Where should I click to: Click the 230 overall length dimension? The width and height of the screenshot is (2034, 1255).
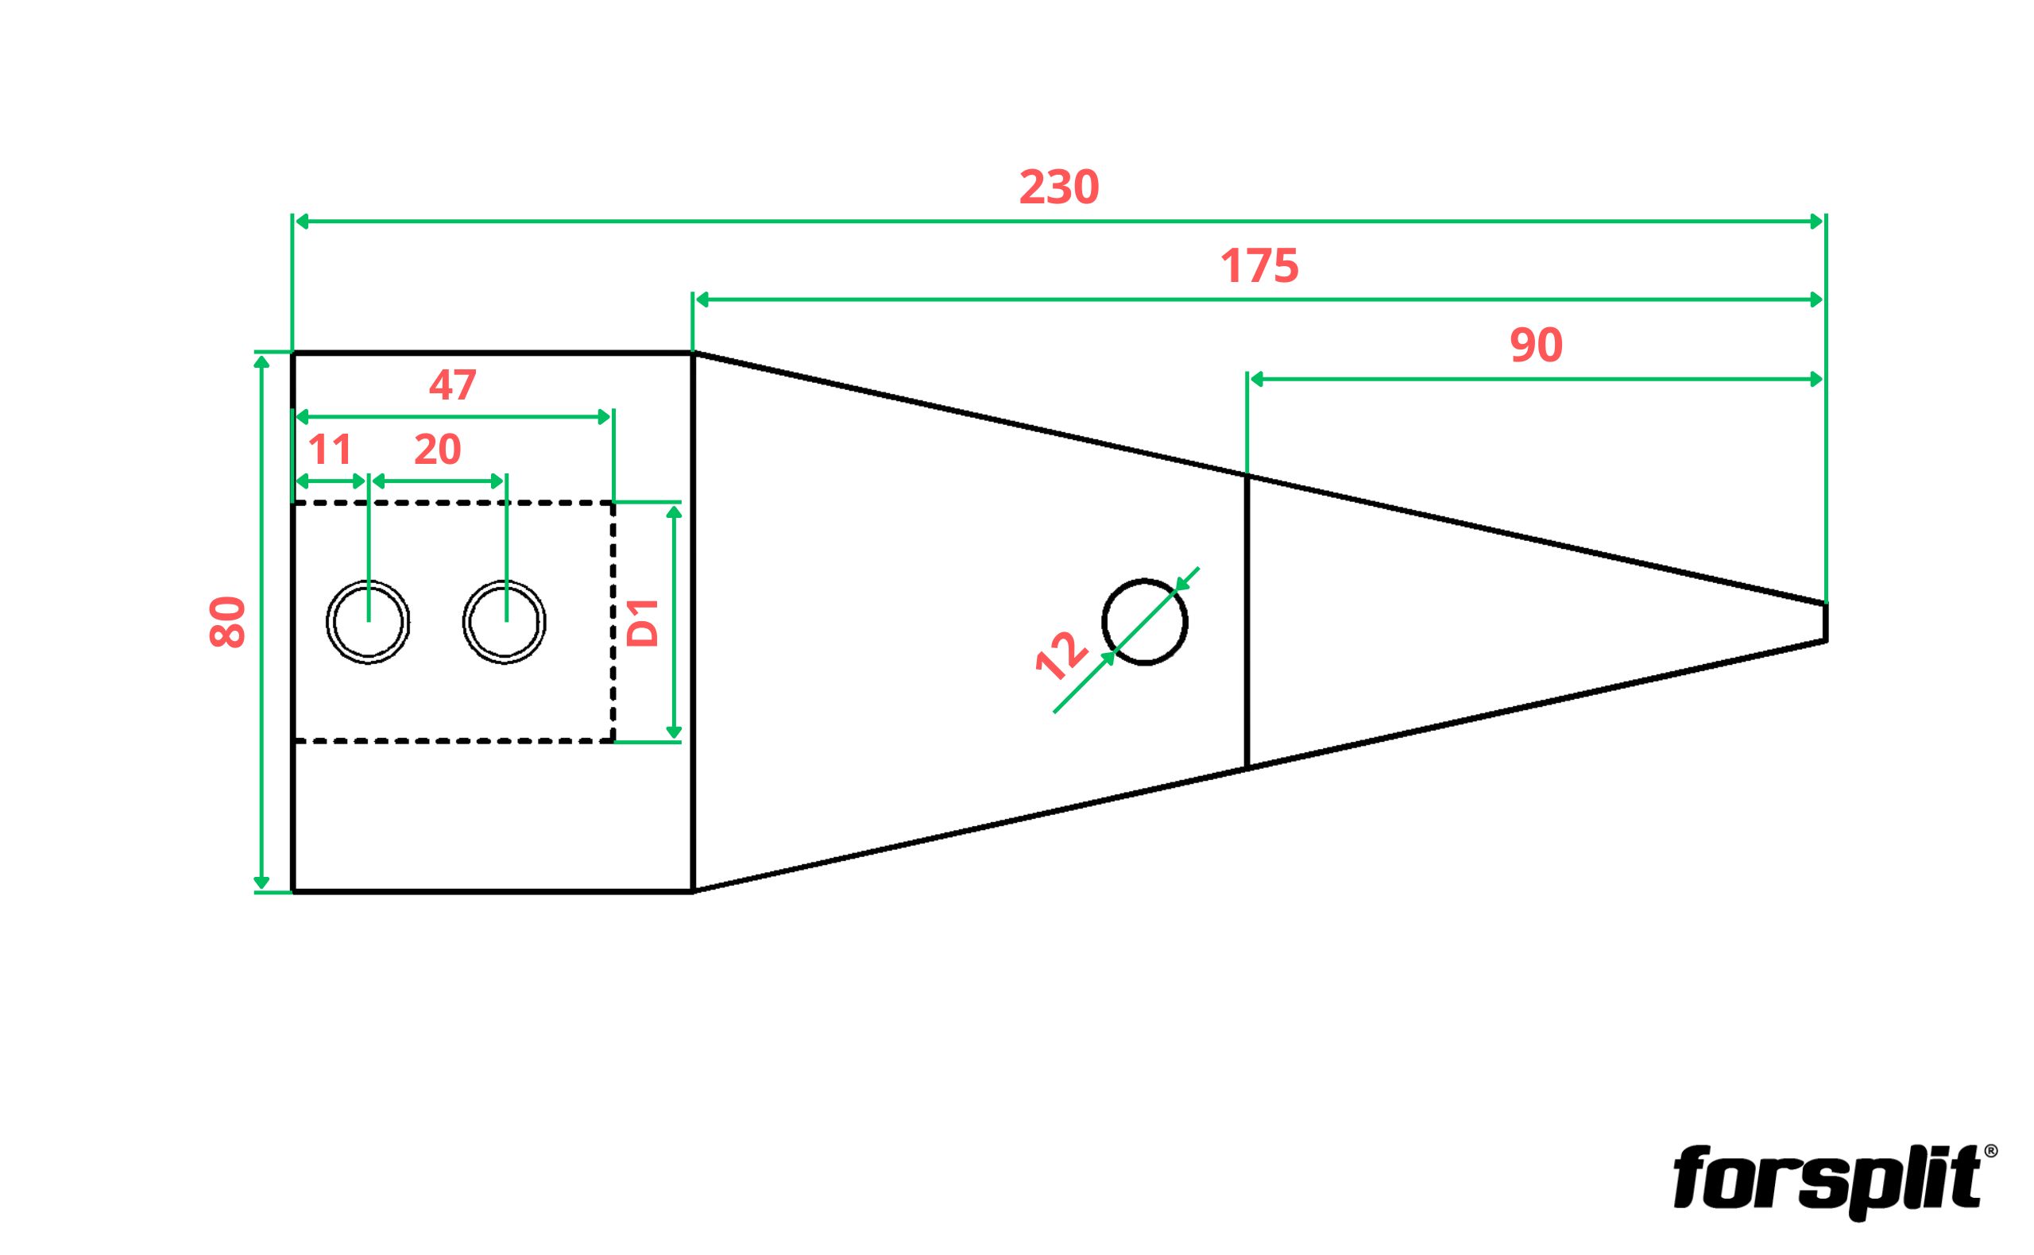pyautogui.click(x=1058, y=187)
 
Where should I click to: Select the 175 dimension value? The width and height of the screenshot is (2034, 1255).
pyautogui.click(x=1259, y=266)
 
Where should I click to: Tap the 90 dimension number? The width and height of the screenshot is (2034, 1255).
pyautogui.click(x=1536, y=346)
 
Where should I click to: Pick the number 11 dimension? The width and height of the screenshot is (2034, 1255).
pyautogui.click(x=331, y=450)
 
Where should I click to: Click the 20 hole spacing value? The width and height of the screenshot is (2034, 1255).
pyautogui.click(x=438, y=450)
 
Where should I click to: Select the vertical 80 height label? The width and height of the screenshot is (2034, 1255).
pyautogui.click(x=227, y=622)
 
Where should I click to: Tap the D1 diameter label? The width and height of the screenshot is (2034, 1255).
pyautogui.click(x=643, y=623)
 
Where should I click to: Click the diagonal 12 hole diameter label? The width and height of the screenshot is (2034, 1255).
pyautogui.click(x=1061, y=656)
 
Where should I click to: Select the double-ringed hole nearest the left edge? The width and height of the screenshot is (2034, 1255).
pyautogui.click(x=368, y=581)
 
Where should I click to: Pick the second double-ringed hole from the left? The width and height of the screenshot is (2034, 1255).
pyautogui.click(x=505, y=581)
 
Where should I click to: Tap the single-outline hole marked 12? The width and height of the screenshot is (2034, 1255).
pyautogui.click(x=1145, y=579)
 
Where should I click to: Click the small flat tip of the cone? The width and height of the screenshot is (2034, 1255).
pyautogui.click(x=1825, y=622)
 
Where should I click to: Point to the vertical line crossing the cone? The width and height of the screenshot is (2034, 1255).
pyautogui.click(x=1247, y=621)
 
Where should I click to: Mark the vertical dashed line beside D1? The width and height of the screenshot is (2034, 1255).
pyautogui.click(x=613, y=622)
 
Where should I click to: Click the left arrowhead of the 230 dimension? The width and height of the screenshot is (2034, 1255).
pyautogui.click(x=303, y=222)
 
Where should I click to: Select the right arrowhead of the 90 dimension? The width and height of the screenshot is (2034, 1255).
pyautogui.click(x=1815, y=380)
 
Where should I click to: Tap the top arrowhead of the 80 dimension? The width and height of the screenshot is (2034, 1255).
pyautogui.click(x=261, y=361)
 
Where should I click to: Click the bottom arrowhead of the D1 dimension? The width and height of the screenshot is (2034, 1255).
pyautogui.click(x=674, y=732)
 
